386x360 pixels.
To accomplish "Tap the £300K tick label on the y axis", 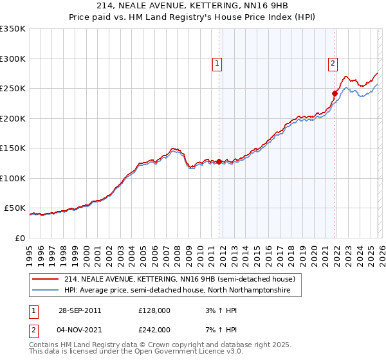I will click(x=13, y=59).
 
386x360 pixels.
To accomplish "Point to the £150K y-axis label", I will click(x=13, y=148).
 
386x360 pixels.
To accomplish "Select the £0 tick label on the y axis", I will click(x=19, y=238).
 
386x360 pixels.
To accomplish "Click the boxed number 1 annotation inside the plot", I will click(x=217, y=63).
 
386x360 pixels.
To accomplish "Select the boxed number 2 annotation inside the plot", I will click(x=333, y=63).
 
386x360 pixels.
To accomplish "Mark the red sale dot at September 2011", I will click(x=219, y=161).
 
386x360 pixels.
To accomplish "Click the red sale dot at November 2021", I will click(x=335, y=93).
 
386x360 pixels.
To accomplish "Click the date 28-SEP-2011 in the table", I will click(x=79, y=310).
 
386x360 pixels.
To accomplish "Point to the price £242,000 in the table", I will click(x=154, y=329).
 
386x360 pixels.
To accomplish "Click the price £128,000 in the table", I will click(x=154, y=310).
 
